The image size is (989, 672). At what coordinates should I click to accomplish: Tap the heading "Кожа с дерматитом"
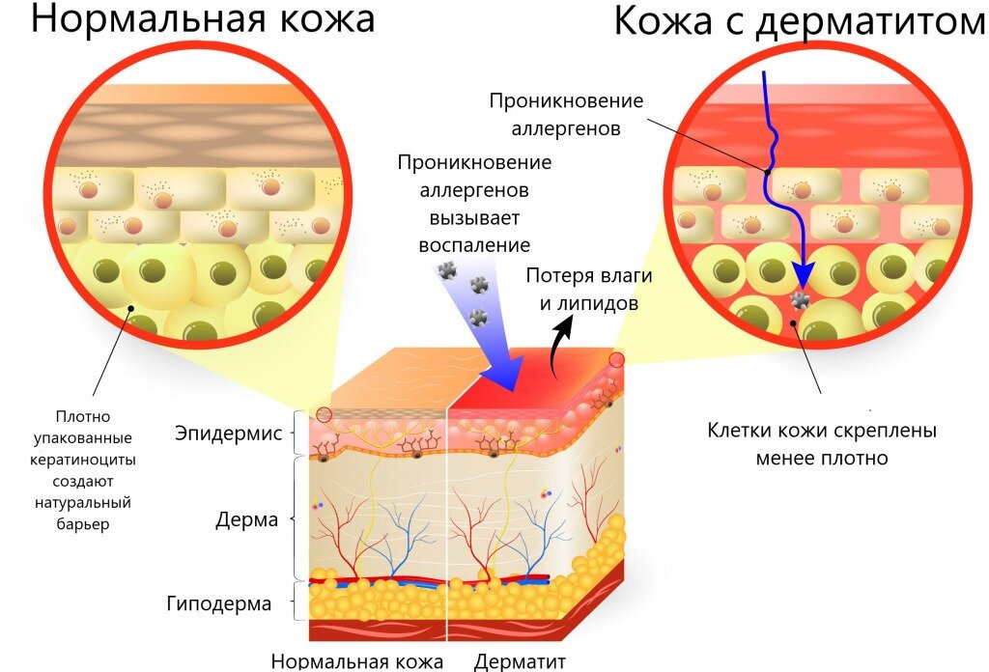click(x=800, y=22)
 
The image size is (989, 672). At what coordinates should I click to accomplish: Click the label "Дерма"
click(x=246, y=520)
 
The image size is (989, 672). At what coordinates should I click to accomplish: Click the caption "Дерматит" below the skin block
click(x=520, y=661)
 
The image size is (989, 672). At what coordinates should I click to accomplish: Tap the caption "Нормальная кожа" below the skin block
click(x=357, y=661)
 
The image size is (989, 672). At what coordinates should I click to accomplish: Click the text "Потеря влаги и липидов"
click(x=588, y=289)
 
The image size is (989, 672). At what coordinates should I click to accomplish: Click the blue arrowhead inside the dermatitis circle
click(x=801, y=272)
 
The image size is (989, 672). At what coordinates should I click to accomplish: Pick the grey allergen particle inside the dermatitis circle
click(x=799, y=301)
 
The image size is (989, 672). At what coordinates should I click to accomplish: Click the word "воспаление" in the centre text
click(x=474, y=245)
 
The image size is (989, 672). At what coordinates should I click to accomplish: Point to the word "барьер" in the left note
click(x=83, y=524)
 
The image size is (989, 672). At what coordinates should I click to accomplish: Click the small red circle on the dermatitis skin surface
click(x=616, y=360)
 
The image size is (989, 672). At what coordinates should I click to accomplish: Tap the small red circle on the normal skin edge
click(x=324, y=415)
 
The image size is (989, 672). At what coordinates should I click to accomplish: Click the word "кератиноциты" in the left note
click(x=83, y=460)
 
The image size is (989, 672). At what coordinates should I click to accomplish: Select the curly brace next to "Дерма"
click(x=296, y=518)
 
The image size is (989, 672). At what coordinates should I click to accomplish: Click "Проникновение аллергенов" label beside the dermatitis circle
click(x=566, y=113)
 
